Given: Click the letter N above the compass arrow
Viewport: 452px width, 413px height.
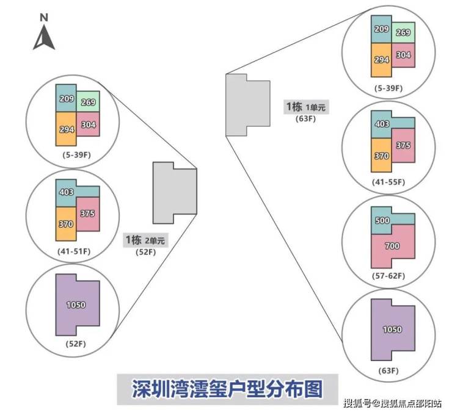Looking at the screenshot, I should coord(44,18).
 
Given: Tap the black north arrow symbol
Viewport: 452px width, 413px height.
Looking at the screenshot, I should coord(44,38).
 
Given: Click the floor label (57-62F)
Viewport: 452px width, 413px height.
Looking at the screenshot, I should coord(388,276).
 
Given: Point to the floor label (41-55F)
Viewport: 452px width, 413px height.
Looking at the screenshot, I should coord(388,182).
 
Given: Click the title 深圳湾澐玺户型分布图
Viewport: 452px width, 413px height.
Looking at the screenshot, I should coord(227,388).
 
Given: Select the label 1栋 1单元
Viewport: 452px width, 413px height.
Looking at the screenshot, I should coord(306,107).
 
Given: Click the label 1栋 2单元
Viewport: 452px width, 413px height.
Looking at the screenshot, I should coord(145,240).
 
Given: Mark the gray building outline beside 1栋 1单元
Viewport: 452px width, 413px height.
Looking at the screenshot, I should coord(247,105).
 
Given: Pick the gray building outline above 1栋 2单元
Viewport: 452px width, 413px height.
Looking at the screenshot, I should coord(174,192).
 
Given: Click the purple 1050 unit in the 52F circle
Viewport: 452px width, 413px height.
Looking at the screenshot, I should coord(76,305).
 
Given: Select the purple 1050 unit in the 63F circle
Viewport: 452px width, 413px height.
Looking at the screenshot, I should coord(392,329).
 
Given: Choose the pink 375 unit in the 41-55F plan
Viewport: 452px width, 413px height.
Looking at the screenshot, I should coord(403,145).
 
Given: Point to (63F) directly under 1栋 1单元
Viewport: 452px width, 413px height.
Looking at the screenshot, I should coord(306,119).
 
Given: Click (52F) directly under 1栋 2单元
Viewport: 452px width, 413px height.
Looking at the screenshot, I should coord(145,251).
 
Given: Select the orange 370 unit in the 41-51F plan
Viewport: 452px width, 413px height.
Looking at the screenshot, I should coord(66,223).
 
